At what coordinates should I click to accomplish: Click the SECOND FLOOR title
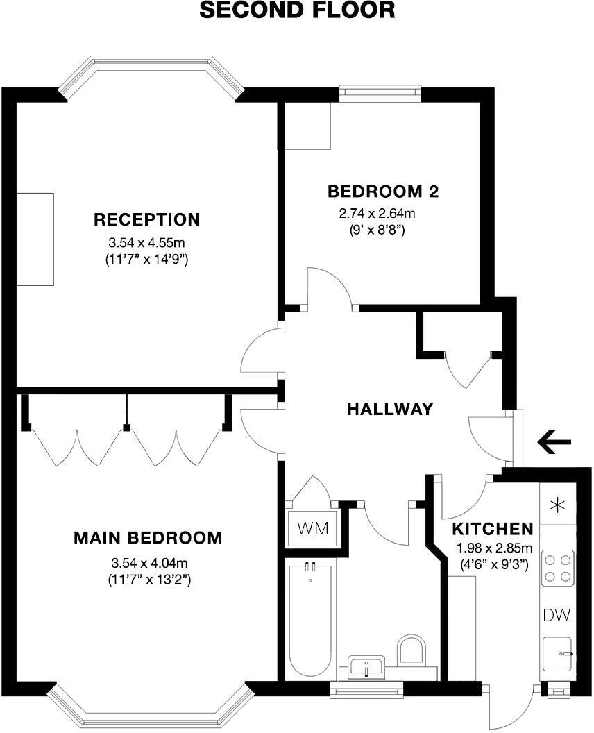(297, 10)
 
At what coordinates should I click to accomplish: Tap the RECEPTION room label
(146, 220)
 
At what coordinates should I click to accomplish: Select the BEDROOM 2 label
(384, 191)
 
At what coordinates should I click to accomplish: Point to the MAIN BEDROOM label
(148, 537)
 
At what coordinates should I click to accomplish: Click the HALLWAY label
(390, 409)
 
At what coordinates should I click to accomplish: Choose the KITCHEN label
(493, 528)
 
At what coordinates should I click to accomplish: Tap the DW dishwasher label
(557, 614)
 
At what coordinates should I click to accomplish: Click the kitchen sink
(558, 655)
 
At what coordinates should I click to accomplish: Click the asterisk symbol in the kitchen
(557, 506)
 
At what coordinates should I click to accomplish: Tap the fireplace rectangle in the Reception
(35, 239)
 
